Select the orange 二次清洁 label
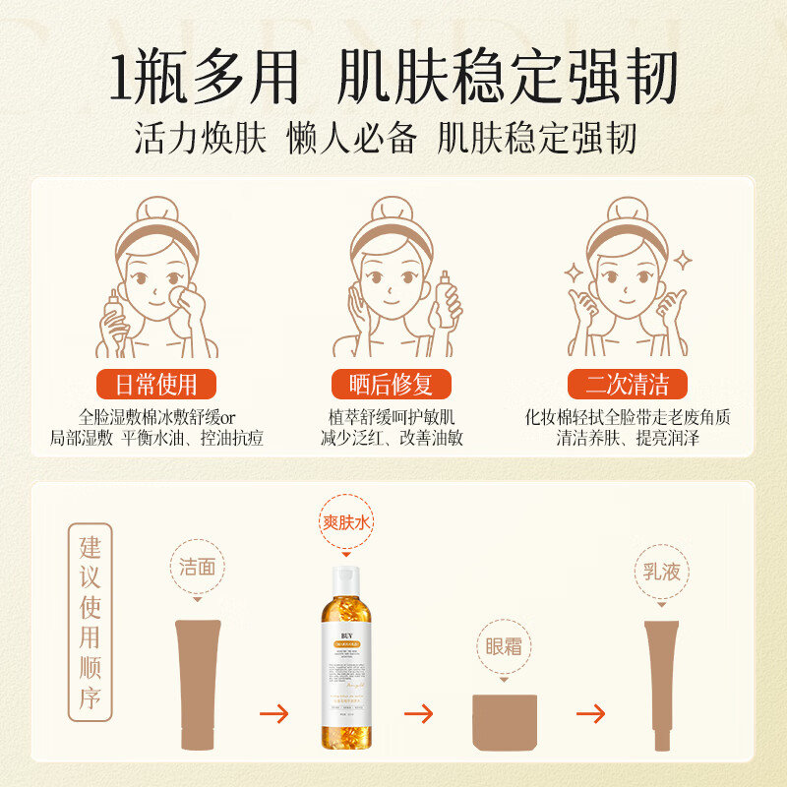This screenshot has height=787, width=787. (628, 383)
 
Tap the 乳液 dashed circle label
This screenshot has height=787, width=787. (661, 571)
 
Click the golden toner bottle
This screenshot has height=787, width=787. (349, 669)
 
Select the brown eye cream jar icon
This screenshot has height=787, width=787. (505, 722)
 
